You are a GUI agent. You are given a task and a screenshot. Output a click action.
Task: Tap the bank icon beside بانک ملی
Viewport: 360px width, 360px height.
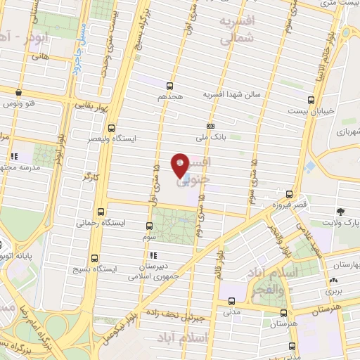tap(210, 125)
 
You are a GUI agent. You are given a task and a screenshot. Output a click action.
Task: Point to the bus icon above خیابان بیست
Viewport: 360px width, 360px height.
tap(311, 100)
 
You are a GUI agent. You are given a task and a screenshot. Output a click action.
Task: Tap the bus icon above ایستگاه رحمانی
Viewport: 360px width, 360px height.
tap(101, 211)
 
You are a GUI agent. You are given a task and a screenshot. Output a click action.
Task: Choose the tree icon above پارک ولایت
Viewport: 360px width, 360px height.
tap(340, 212)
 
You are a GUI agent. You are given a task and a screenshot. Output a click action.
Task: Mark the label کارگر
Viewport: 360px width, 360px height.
tap(89, 173)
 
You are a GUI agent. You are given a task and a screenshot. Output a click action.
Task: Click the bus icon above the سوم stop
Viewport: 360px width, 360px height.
tap(148, 226)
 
